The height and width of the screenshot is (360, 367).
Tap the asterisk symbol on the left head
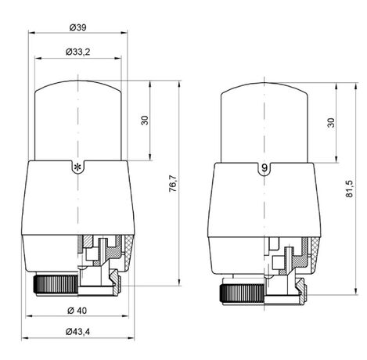click(77, 167)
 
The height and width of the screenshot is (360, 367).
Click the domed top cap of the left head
click(77, 117)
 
